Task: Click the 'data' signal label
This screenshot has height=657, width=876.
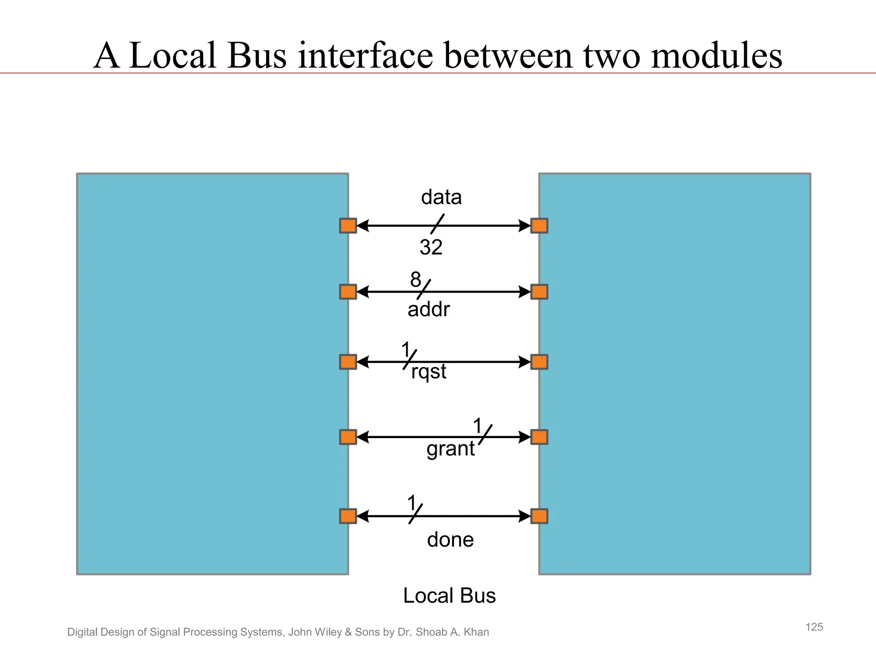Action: tap(441, 197)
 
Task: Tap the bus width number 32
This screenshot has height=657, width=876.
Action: tap(431, 247)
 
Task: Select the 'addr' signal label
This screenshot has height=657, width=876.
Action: tap(429, 309)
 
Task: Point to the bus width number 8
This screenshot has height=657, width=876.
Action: tap(415, 280)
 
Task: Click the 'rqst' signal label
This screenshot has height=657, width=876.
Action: tap(429, 371)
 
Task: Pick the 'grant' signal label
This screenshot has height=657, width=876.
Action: tap(450, 449)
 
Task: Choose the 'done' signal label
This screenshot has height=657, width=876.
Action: tap(450, 540)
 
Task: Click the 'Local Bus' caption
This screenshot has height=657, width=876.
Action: tap(449, 595)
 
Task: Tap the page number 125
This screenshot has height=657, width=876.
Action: tap(814, 627)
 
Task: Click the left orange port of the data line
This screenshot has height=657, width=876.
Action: tap(348, 225)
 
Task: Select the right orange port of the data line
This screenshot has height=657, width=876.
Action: tap(539, 225)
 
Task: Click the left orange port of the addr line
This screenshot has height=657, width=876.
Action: tap(348, 292)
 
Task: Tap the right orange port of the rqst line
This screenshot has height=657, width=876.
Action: tap(539, 362)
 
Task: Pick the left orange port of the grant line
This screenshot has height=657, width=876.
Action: tap(348, 437)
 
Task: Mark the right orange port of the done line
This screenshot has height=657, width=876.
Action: tap(539, 516)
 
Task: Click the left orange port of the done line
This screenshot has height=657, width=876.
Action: tap(348, 516)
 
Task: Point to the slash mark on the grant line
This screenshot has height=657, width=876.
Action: tap(485, 435)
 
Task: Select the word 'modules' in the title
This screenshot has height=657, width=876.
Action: tap(716, 56)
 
